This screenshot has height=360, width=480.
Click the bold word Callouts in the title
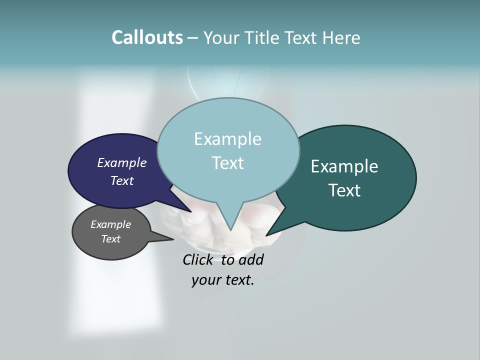point(147,37)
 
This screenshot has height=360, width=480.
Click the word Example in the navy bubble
point(121,163)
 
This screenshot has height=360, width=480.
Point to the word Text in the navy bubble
point(121,181)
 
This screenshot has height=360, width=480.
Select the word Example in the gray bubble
point(110,224)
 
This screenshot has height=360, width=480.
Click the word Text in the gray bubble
point(110,239)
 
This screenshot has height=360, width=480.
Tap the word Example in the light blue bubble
point(227,138)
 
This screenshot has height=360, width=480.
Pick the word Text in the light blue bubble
point(227,163)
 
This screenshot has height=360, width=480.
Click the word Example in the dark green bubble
point(344,166)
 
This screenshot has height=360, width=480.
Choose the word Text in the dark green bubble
point(344,190)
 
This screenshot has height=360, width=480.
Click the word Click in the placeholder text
point(197,260)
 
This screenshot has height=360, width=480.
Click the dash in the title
point(193,38)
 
